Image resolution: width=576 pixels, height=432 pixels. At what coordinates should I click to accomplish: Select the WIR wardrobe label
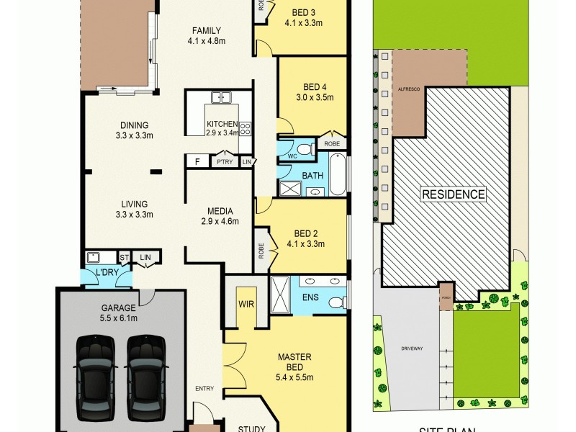coord(246,305)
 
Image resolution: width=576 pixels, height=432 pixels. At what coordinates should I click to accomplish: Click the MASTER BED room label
coord(295,366)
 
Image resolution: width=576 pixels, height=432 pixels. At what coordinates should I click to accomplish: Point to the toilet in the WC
coord(304,149)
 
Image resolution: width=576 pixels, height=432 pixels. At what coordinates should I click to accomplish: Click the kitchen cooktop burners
coord(246,128)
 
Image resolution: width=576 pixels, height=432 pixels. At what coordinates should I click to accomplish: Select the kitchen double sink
coord(220,97)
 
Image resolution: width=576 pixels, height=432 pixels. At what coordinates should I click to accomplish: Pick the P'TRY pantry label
coord(224,163)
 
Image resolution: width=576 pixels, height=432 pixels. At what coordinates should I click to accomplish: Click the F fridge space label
coord(197,162)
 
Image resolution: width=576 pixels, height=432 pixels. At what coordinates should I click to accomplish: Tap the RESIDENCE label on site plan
coord(453,194)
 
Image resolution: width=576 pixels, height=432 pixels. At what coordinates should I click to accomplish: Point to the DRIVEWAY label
coord(413,348)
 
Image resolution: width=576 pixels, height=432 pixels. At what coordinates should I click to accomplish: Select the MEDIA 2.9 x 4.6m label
coord(219,216)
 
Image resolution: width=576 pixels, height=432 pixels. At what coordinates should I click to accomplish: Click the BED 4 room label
coord(315,91)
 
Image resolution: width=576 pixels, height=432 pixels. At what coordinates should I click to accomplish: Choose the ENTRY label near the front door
coord(204,389)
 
